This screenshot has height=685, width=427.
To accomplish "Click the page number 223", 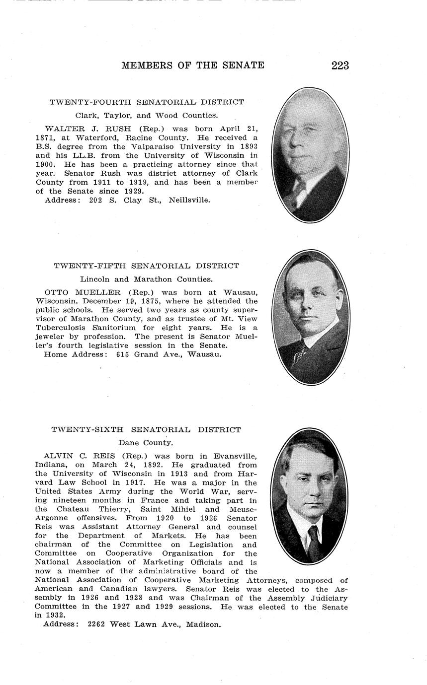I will click(340, 66).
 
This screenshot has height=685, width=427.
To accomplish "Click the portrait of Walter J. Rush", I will click(309, 155).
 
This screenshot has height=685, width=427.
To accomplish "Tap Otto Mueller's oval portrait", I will click(311, 318).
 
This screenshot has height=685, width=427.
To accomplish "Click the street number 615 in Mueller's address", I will click(123, 355).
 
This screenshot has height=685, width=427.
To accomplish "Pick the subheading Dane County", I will click(145, 443).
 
